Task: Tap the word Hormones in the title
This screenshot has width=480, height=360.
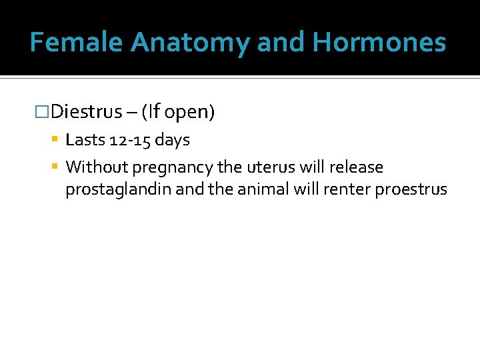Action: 379,42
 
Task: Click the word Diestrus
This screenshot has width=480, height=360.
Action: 86,112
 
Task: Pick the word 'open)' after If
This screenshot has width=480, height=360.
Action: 189,113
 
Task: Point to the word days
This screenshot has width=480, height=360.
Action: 172,141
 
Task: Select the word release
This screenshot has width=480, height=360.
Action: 357,167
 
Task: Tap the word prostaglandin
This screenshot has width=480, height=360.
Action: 119,190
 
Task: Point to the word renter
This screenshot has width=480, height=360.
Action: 346,189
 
